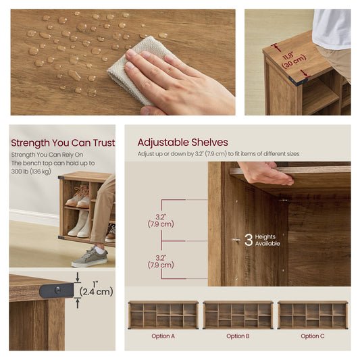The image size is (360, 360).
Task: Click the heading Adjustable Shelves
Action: point(183,143)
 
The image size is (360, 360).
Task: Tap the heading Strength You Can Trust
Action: point(63,143)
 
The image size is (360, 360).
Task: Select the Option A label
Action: point(163,336)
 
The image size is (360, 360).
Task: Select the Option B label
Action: point(238,336)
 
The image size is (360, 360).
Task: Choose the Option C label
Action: point(313,336)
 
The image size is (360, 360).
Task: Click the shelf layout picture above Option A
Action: point(163,315)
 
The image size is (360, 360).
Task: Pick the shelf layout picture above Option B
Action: point(238,315)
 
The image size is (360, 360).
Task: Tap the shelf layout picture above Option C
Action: point(313,315)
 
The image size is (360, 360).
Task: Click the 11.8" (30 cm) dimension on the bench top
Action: point(293,60)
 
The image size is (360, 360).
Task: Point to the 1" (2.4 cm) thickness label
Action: point(96,290)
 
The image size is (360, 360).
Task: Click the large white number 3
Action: point(249,240)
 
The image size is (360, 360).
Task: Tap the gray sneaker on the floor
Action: point(90,257)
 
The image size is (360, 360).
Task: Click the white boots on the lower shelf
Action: point(78,223)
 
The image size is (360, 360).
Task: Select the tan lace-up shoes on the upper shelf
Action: point(78,196)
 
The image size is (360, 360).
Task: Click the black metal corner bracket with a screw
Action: point(57,290)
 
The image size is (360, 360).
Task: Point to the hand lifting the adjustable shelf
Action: point(265,173)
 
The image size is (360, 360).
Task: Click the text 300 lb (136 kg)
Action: point(31,172)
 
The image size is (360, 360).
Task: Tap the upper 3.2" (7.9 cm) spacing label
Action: point(161,221)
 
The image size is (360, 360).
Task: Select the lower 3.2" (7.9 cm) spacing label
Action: point(161,262)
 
